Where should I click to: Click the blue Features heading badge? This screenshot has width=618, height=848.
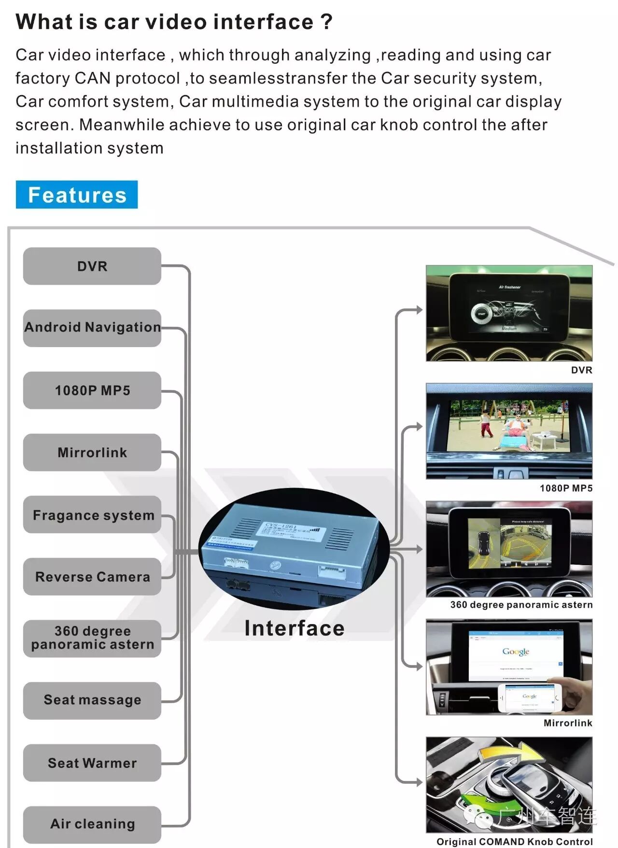77,195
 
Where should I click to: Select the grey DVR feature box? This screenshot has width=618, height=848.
92,266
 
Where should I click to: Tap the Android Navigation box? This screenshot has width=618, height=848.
92,328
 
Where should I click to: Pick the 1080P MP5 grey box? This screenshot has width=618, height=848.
92,390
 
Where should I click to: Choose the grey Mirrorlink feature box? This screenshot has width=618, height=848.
92,452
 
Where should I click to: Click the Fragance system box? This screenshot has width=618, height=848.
92,514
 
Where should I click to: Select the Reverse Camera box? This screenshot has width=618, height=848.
92,576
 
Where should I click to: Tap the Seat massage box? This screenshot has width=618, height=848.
92,700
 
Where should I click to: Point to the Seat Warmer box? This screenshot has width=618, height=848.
92,763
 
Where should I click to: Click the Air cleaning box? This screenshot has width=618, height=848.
92,824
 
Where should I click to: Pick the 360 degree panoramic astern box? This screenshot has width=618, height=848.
92,638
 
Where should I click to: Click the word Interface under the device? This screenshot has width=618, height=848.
295,628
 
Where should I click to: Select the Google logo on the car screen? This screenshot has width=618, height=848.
516,652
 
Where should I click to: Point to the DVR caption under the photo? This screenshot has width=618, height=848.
581,370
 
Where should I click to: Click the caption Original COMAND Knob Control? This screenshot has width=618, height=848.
514,842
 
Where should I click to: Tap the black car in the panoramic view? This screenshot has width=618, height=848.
483,543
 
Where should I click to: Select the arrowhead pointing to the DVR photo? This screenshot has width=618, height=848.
419,310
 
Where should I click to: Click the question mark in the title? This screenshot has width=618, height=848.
326,22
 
